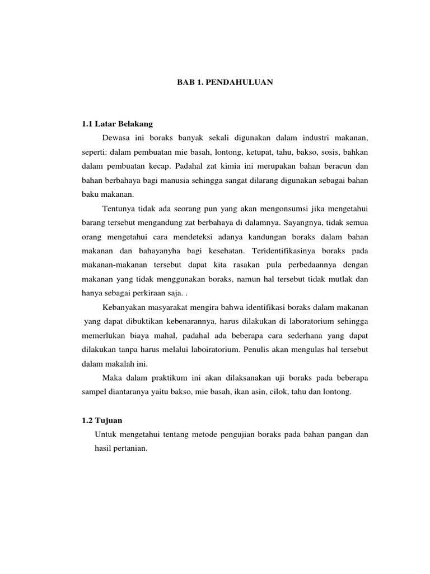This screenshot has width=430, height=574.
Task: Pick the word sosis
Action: pos(327,152)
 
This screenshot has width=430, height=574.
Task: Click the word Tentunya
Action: pos(120,209)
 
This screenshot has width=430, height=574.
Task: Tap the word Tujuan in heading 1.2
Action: pos(108,420)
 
